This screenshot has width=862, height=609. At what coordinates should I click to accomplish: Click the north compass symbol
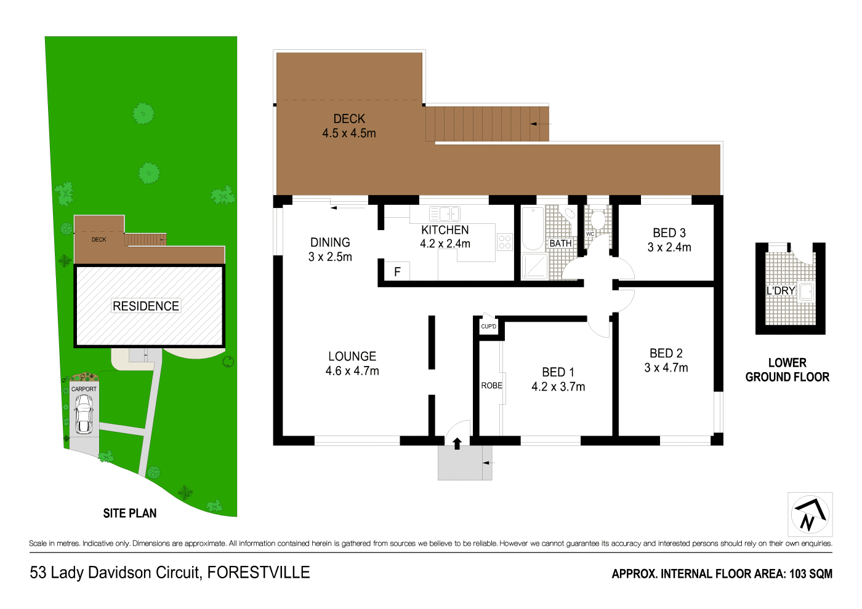pyautogui.click(x=810, y=514)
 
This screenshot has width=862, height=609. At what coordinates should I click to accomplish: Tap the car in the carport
pyautogui.click(x=84, y=414)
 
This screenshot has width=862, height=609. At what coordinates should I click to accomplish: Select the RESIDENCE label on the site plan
pyautogui.click(x=146, y=306)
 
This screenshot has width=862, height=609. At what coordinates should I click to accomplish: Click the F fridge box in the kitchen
pyautogui.click(x=397, y=271)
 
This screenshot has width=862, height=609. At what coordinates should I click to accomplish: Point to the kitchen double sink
pyautogui.click(x=445, y=214)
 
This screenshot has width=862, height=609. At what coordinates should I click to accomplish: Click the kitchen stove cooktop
pyautogui.click(x=505, y=242)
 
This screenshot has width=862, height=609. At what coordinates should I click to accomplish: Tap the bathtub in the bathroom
pyautogui.click(x=533, y=229)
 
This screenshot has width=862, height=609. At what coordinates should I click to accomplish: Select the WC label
pyautogui.click(x=590, y=234)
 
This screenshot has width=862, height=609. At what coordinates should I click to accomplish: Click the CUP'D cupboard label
pyautogui.click(x=488, y=327)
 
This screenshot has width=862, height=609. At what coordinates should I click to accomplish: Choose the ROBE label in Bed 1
pyautogui.click(x=491, y=386)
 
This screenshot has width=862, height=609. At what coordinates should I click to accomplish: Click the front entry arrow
pyautogui.click(x=457, y=444)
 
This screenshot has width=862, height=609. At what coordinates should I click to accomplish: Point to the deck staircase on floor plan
pyautogui.click(x=486, y=124)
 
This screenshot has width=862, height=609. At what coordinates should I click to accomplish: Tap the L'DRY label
pyautogui.click(x=781, y=291)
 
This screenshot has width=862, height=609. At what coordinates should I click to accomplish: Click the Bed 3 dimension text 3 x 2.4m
pyautogui.click(x=669, y=247)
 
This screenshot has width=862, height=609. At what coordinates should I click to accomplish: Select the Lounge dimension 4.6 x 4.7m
pyautogui.click(x=352, y=371)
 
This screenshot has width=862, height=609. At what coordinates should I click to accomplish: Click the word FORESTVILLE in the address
pyautogui.click(x=259, y=573)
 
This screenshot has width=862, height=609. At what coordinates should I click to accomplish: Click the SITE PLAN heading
pyautogui.click(x=130, y=513)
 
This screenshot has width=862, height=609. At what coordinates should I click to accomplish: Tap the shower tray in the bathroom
pyautogui.click(x=533, y=266)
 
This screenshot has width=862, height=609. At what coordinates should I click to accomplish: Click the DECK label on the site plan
pyautogui.click(x=99, y=240)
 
